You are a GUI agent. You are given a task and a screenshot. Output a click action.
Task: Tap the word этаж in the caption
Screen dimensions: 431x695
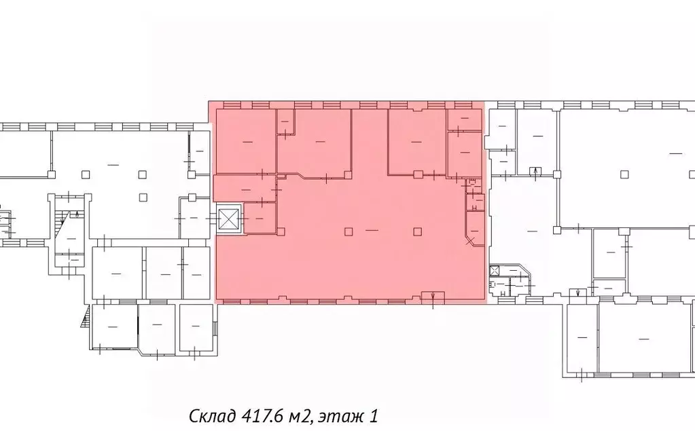(338, 415)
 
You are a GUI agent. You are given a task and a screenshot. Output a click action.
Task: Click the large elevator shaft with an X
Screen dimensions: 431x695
(229, 219)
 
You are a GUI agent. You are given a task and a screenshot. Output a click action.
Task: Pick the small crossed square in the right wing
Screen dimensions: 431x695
(495, 271)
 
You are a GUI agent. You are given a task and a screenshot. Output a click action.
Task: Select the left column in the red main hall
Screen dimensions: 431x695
(348, 231)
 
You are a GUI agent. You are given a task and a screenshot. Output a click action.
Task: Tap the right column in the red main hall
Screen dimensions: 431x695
(416, 231)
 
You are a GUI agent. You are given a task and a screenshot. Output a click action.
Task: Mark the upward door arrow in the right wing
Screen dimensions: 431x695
(537, 170)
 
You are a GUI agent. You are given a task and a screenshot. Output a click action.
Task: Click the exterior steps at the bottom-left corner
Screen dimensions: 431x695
(85, 317)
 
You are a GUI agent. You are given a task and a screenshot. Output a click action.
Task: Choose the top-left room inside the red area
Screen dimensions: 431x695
(245, 140)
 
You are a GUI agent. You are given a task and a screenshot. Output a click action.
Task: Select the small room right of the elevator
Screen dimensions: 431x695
(259, 219)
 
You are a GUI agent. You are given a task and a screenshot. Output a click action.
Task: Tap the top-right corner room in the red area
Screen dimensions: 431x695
(464, 119)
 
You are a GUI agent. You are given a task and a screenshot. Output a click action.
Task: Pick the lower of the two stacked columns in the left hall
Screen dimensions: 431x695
(142, 197)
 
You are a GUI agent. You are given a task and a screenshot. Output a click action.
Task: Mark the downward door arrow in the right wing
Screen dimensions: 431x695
(577, 293)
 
